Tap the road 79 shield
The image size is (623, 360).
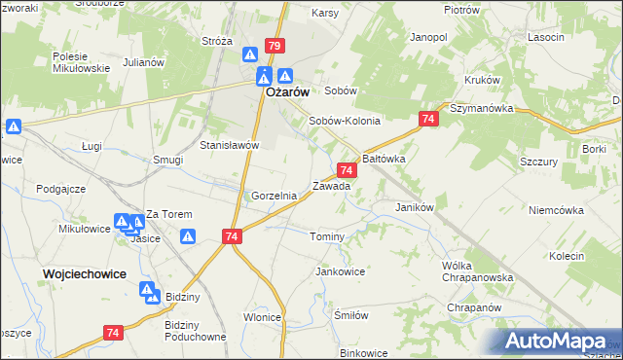275,46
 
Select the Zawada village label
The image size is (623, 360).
331,186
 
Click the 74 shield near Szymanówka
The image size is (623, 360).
428,119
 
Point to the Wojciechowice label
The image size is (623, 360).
85,274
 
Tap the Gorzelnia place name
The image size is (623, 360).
274,196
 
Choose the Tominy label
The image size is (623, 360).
327,237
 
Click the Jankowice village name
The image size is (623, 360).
340,271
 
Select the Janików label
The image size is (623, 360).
414,207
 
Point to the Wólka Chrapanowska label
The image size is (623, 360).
470,271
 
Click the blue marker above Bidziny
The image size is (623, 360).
147,289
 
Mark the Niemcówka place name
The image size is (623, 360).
555,210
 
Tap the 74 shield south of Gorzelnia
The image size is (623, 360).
232,236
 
